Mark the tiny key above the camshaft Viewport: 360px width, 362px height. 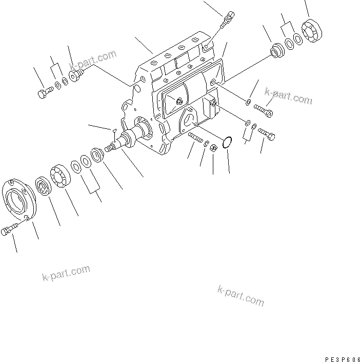(114, 130)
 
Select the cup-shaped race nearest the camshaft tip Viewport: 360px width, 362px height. (97, 156)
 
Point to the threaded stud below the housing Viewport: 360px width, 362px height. (195, 139)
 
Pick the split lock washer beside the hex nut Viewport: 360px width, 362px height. (206, 145)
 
